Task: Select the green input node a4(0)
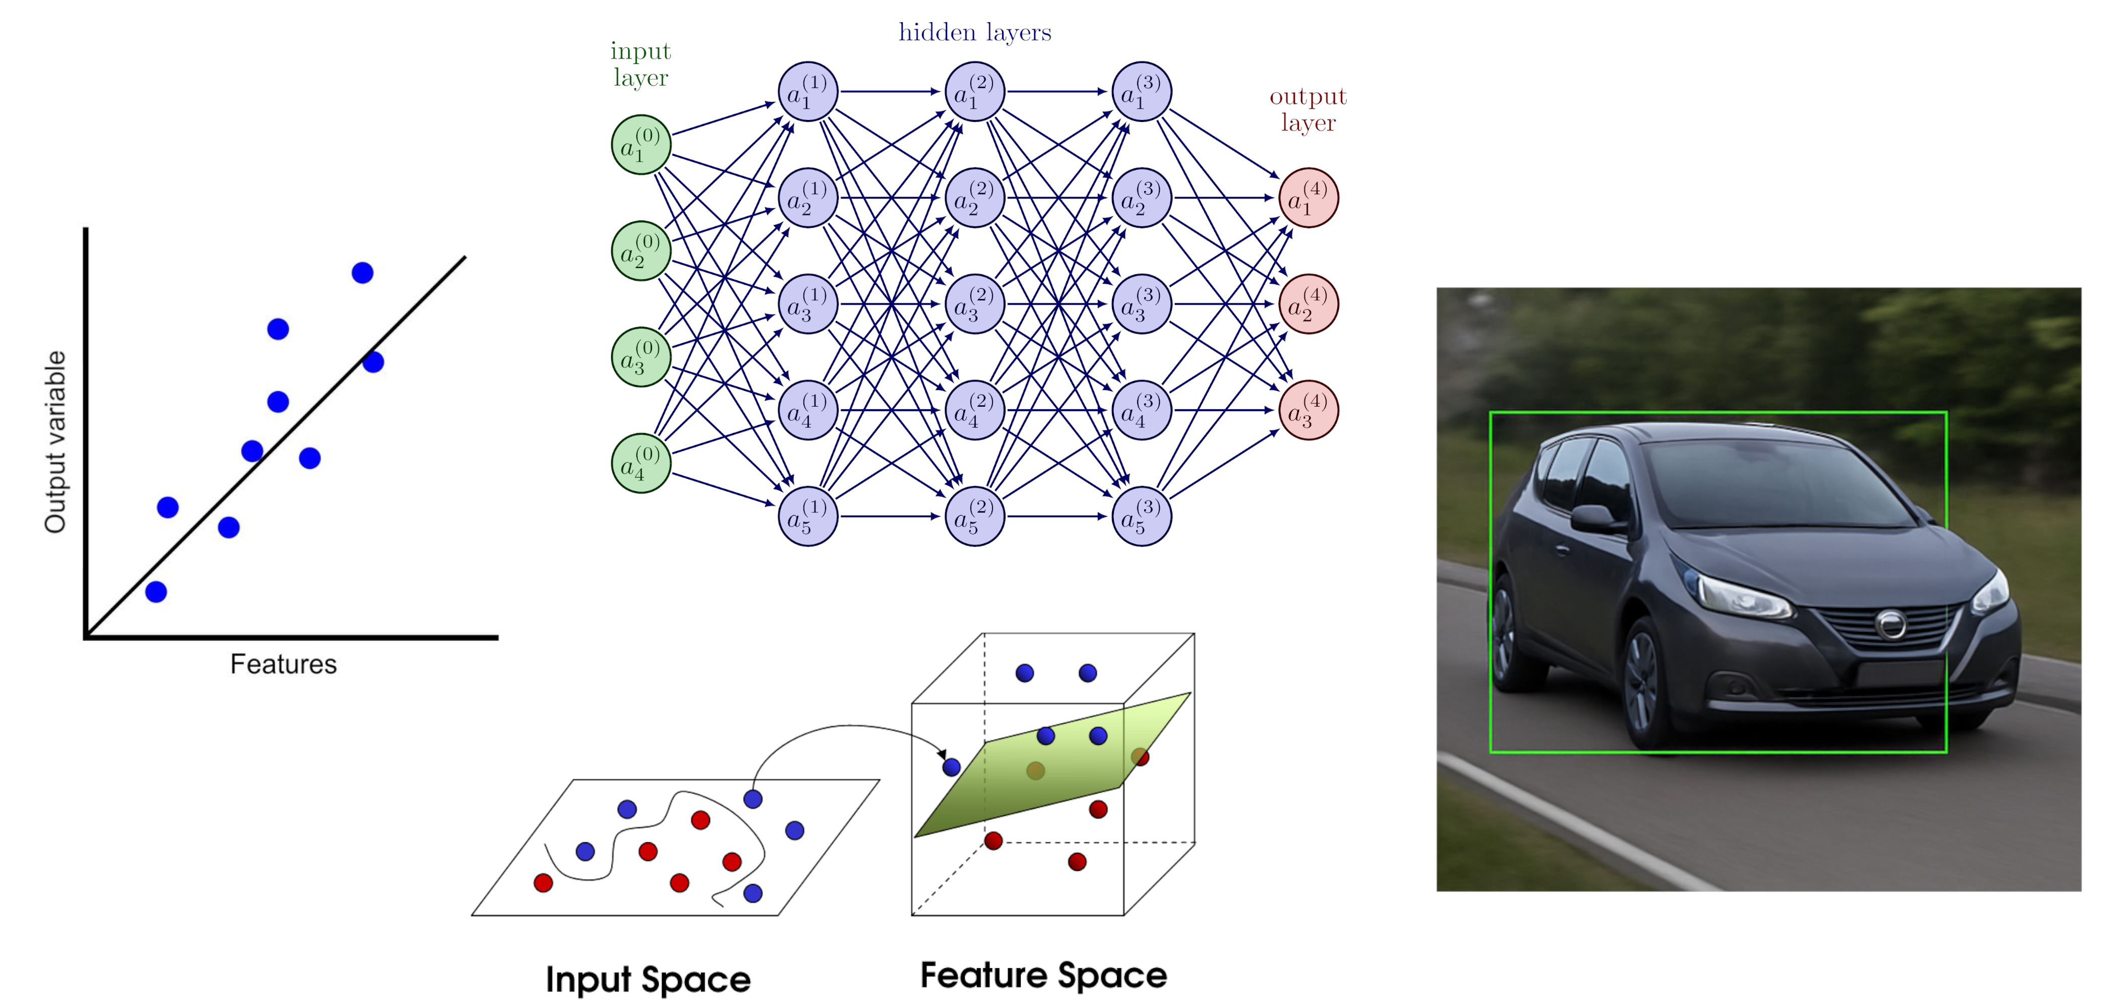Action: (641, 463)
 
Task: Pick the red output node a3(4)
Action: (1309, 410)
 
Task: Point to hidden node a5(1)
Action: (808, 516)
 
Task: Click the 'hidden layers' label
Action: (975, 33)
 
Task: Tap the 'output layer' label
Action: (1309, 109)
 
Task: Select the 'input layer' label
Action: (641, 64)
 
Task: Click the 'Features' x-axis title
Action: (283, 664)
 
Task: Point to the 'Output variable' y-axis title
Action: (55, 442)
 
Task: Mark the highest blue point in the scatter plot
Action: (362, 273)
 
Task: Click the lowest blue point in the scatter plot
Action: (156, 592)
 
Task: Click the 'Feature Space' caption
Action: (1044, 975)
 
